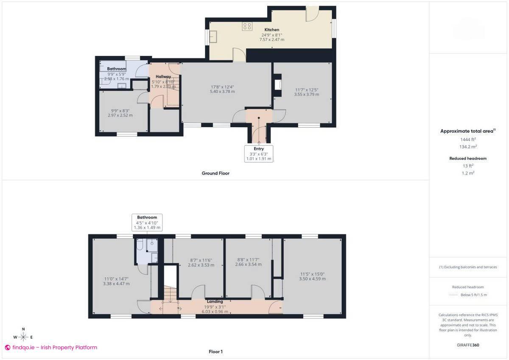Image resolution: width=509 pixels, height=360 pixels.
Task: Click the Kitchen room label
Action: click(271, 30)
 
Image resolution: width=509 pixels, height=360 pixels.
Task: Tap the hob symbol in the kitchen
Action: click(247, 26)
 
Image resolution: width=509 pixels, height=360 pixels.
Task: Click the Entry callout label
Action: click(259, 149)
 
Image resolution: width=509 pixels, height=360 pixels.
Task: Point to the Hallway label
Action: click(163, 77)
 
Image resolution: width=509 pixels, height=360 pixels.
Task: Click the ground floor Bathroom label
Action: click(116, 69)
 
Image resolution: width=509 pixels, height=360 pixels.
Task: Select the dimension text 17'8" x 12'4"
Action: click(222, 87)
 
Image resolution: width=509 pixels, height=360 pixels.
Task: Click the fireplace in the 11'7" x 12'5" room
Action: click(278, 84)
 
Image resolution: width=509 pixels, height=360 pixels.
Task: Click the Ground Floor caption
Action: click(215, 173)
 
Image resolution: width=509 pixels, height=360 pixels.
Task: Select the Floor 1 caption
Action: click(215, 352)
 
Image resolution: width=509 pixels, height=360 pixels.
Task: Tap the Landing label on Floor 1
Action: click(215, 301)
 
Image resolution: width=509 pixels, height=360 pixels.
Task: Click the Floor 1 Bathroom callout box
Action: click(147, 222)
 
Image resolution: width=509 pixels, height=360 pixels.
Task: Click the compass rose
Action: click(23, 337)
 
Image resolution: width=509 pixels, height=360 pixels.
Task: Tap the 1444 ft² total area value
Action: click(468, 139)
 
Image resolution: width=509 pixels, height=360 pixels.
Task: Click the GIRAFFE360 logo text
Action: click(468, 345)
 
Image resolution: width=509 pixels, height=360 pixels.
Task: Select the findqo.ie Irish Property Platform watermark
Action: click(51, 348)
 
